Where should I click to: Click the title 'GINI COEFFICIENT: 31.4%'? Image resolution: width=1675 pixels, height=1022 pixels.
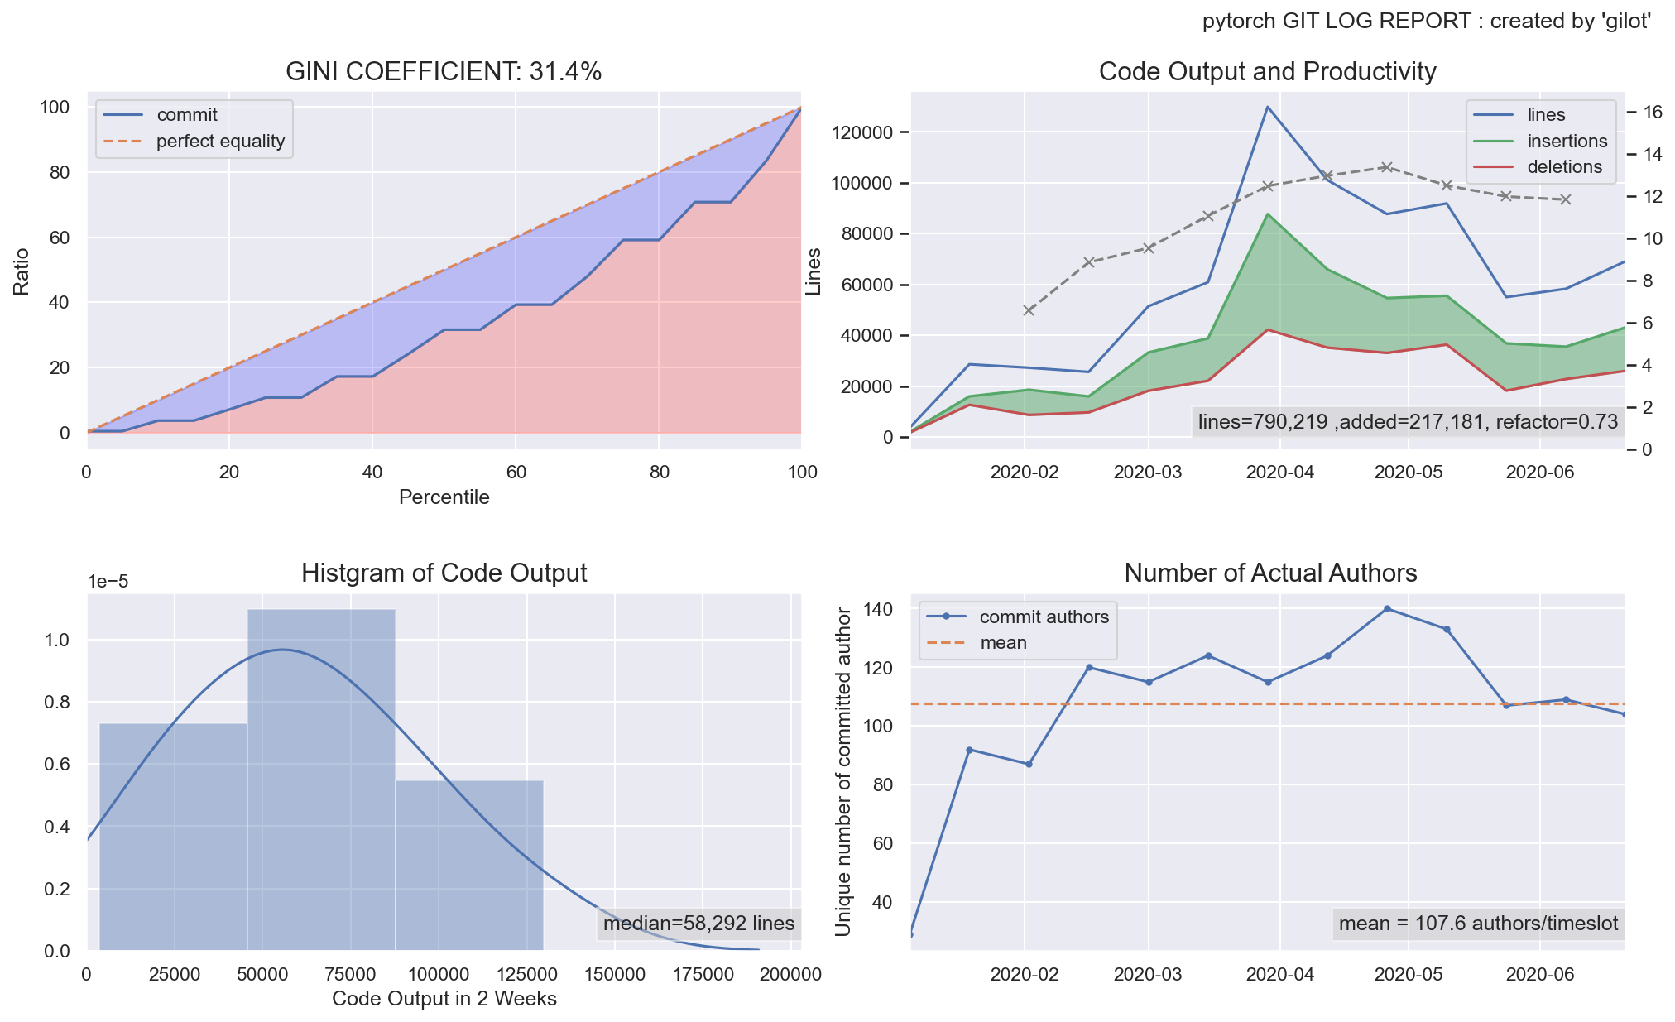(444, 72)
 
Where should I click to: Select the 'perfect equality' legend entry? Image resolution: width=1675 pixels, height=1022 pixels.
(220, 142)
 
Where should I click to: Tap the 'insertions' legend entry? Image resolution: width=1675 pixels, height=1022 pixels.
(1567, 142)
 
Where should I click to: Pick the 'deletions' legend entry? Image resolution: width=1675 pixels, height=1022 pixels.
(1564, 167)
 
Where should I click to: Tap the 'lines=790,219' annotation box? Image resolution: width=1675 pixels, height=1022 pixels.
(1407, 422)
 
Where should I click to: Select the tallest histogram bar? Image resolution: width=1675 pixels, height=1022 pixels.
(321, 778)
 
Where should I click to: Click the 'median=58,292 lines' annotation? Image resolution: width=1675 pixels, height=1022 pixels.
(698, 924)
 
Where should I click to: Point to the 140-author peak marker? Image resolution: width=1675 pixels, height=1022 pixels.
(1387, 609)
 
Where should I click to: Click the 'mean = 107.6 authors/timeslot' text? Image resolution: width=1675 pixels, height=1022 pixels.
(1478, 924)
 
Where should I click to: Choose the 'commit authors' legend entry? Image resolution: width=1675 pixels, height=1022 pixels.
(1044, 617)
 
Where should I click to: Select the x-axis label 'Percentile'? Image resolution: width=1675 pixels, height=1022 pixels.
(444, 497)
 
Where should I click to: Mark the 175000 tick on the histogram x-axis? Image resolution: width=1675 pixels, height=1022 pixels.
(703, 975)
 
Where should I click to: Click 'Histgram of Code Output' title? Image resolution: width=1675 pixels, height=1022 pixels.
(444, 573)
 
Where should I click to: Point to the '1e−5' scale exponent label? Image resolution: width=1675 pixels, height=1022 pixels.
(108, 582)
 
